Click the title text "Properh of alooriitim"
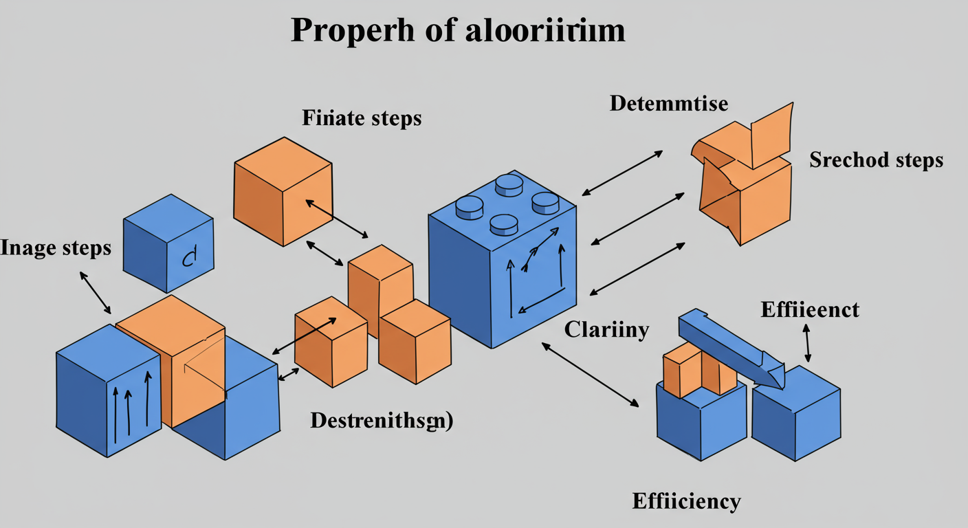pyautogui.click(x=458, y=31)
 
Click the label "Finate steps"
pyautogui.click(x=362, y=118)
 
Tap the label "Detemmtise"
pyautogui.click(x=668, y=104)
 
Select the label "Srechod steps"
pyautogui.click(x=876, y=160)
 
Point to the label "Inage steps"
pyautogui.click(x=55, y=247)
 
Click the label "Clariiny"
pyautogui.click(x=606, y=330)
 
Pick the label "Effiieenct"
pyautogui.click(x=810, y=310)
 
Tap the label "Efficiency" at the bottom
pyautogui.click(x=686, y=500)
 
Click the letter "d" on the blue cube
pyautogui.click(x=188, y=258)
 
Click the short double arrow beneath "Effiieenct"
pyautogui.click(x=807, y=343)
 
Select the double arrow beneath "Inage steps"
pyautogui.click(x=96, y=293)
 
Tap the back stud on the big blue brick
pyautogui.click(x=509, y=182)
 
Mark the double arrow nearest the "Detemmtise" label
pyautogui.click(x=622, y=172)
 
